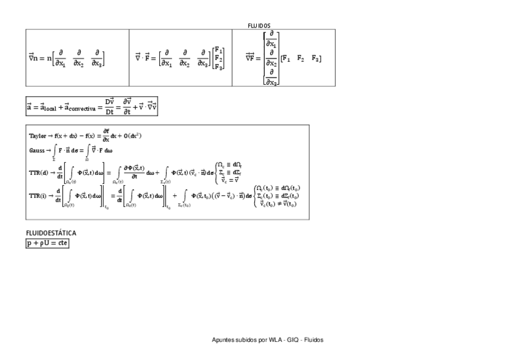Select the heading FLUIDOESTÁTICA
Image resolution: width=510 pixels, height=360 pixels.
click(51, 232)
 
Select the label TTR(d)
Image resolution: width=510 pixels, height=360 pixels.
click(40, 172)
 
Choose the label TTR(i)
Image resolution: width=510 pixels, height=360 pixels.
click(39, 195)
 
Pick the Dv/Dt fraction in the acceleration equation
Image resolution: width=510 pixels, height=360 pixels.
click(109, 106)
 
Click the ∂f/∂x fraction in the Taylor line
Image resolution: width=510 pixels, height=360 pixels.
click(106, 135)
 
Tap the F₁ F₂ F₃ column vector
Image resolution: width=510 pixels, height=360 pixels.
click(219, 59)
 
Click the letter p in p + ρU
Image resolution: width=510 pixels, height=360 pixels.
click(29, 243)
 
